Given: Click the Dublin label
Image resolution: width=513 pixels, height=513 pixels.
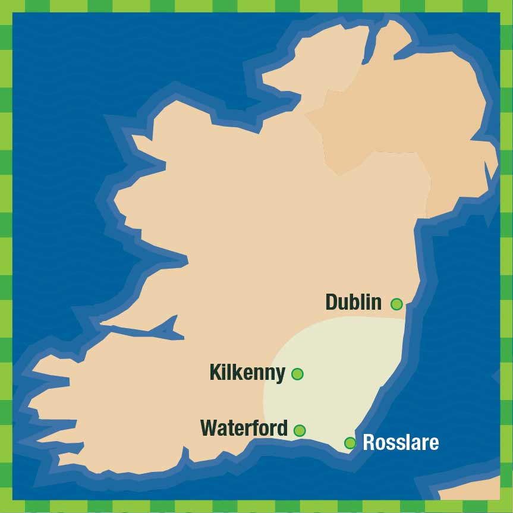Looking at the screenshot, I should (353, 302).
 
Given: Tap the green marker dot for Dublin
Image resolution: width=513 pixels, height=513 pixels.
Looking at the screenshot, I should (396, 304).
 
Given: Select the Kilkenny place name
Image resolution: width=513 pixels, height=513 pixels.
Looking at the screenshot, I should (247, 373).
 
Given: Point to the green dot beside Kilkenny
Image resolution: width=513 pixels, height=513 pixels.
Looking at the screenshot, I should (297, 374).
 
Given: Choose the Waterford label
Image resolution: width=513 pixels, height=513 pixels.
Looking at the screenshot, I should (244, 428).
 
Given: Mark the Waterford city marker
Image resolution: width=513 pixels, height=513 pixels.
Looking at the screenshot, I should (300, 430).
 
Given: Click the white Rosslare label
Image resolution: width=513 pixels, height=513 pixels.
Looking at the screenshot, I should (401, 442).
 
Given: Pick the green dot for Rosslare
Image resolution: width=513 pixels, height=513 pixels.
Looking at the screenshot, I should (350, 442).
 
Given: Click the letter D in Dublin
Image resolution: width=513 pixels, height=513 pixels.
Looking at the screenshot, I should (332, 302).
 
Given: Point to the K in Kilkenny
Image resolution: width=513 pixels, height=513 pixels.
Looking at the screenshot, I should (216, 373).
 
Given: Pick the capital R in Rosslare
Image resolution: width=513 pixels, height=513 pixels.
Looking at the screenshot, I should (369, 442).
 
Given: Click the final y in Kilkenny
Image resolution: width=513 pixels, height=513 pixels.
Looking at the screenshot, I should (281, 375).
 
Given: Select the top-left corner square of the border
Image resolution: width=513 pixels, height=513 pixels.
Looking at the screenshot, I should (6, 6).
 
